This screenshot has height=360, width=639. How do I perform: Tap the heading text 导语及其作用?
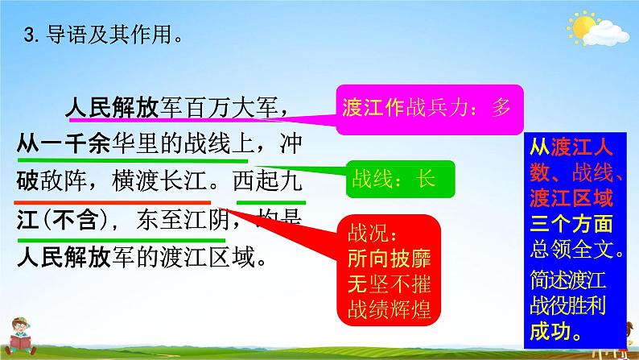[109, 35]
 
